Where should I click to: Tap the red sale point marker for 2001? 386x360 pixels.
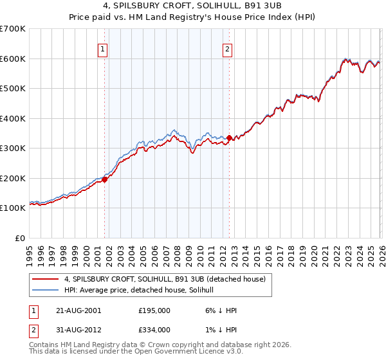(104, 180)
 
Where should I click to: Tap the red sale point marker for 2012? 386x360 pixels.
(230, 138)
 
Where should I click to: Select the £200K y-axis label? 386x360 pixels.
(13, 178)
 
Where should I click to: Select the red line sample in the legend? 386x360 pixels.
(45, 279)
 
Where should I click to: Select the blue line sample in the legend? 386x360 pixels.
(45, 290)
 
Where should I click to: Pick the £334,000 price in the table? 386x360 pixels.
(154, 329)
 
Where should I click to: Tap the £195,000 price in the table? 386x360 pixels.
(154, 310)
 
